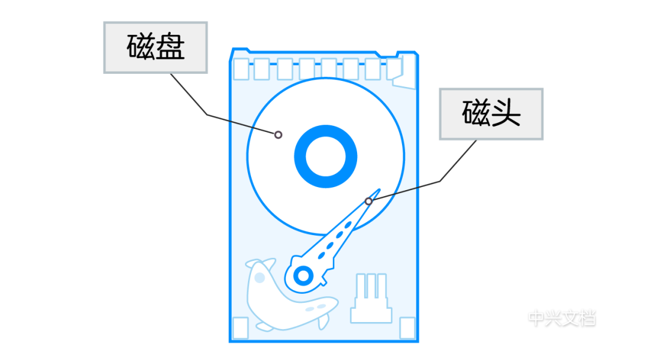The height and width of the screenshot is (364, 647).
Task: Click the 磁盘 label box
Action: (x=155, y=47)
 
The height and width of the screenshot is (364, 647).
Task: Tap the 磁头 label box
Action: (x=491, y=114)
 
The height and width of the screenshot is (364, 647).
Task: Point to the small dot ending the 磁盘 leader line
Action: (x=278, y=135)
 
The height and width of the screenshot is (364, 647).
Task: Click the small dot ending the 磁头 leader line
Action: (x=368, y=201)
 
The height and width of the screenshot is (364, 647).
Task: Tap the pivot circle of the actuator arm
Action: (x=304, y=276)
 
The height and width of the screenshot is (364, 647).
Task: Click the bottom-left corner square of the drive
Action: (x=240, y=328)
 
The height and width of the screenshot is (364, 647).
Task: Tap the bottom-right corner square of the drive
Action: (x=407, y=328)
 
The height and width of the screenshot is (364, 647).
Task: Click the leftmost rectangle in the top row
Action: (x=241, y=69)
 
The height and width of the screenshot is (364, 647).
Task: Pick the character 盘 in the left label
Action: (x=170, y=47)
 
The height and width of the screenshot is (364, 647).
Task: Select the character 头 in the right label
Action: (x=506, y=114)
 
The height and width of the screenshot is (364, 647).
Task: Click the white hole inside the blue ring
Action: (x=326, y=156)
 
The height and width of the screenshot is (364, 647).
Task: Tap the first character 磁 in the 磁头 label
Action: (x=477, y=114)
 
